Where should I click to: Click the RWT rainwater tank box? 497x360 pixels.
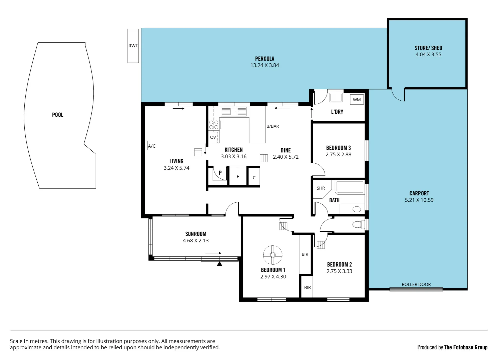[133, 46]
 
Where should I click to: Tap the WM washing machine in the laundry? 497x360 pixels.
[357, 100]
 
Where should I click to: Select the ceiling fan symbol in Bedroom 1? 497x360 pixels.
[273, 255]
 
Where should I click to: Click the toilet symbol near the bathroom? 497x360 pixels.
[358, 224]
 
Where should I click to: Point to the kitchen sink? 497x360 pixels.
[233, 111]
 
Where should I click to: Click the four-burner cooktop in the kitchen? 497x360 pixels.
[214, 125]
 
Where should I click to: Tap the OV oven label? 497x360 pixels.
[213, 137]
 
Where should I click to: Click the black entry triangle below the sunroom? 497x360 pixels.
[219, 264]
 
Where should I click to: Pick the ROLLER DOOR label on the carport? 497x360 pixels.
[416, 284]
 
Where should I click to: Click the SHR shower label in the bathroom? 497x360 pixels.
[321, 188]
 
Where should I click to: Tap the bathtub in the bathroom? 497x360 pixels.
[350, 187]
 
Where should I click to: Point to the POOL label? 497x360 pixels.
[58, 115]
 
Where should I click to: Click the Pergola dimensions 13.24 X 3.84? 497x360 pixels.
[265, 65]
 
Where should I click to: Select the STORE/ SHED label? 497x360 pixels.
[428, 48]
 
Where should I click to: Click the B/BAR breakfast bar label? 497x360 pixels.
[273, 126]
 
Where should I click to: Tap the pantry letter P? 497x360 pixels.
[220, 173]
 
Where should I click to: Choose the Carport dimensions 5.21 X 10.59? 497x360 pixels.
[419, 200]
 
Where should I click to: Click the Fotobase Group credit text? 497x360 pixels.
[466, 347]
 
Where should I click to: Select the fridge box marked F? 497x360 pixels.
[238, 176]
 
